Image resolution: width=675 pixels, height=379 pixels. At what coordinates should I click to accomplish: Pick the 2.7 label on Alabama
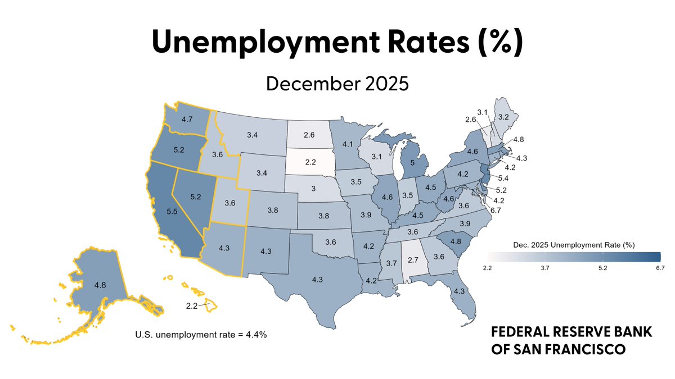[x=413, y=260]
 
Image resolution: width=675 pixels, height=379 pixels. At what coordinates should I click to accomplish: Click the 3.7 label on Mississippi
[x=391, y=263]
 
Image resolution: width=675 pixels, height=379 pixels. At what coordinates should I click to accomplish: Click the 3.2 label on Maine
[x=503, y=117]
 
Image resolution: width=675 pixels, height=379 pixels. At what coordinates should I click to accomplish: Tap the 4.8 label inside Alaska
[x=100, y=285]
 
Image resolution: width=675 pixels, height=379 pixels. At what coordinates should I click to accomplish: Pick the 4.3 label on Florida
[x=460, y=291]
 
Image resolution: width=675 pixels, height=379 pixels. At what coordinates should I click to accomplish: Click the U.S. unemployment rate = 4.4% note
[x=201, y=335]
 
